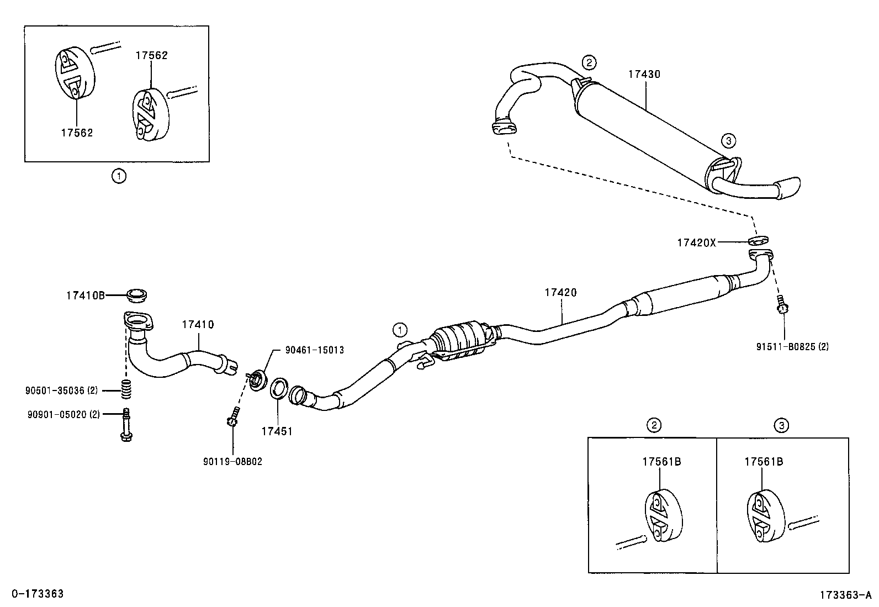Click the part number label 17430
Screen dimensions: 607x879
click(x=643, y=73)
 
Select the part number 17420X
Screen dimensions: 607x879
click(x=696, y=242)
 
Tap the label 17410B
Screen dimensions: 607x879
click(x=86, y=295)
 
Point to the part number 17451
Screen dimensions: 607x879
click(x=277, y=431)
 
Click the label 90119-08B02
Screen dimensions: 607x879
click(x=232, y=462)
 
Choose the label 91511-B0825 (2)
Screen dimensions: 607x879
click(x=792, y=347)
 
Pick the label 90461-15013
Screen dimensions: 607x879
click(x=314, y=350)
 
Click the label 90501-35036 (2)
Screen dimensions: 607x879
click(x=61, y=390)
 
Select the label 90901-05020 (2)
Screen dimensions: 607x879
click(x=63, y=414)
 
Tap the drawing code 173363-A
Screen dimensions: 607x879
click(x=845, y=595)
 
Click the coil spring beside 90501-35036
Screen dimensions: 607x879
click(x=126, y=390)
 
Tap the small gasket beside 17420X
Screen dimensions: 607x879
click(x=759, y=240)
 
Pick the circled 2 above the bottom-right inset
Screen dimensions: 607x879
click(x=653, y=425)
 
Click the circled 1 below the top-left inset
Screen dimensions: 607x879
click(x=119, y=176)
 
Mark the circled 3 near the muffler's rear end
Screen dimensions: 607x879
click(x=729, y=141)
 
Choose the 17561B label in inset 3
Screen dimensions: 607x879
click(x=763, y=462)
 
